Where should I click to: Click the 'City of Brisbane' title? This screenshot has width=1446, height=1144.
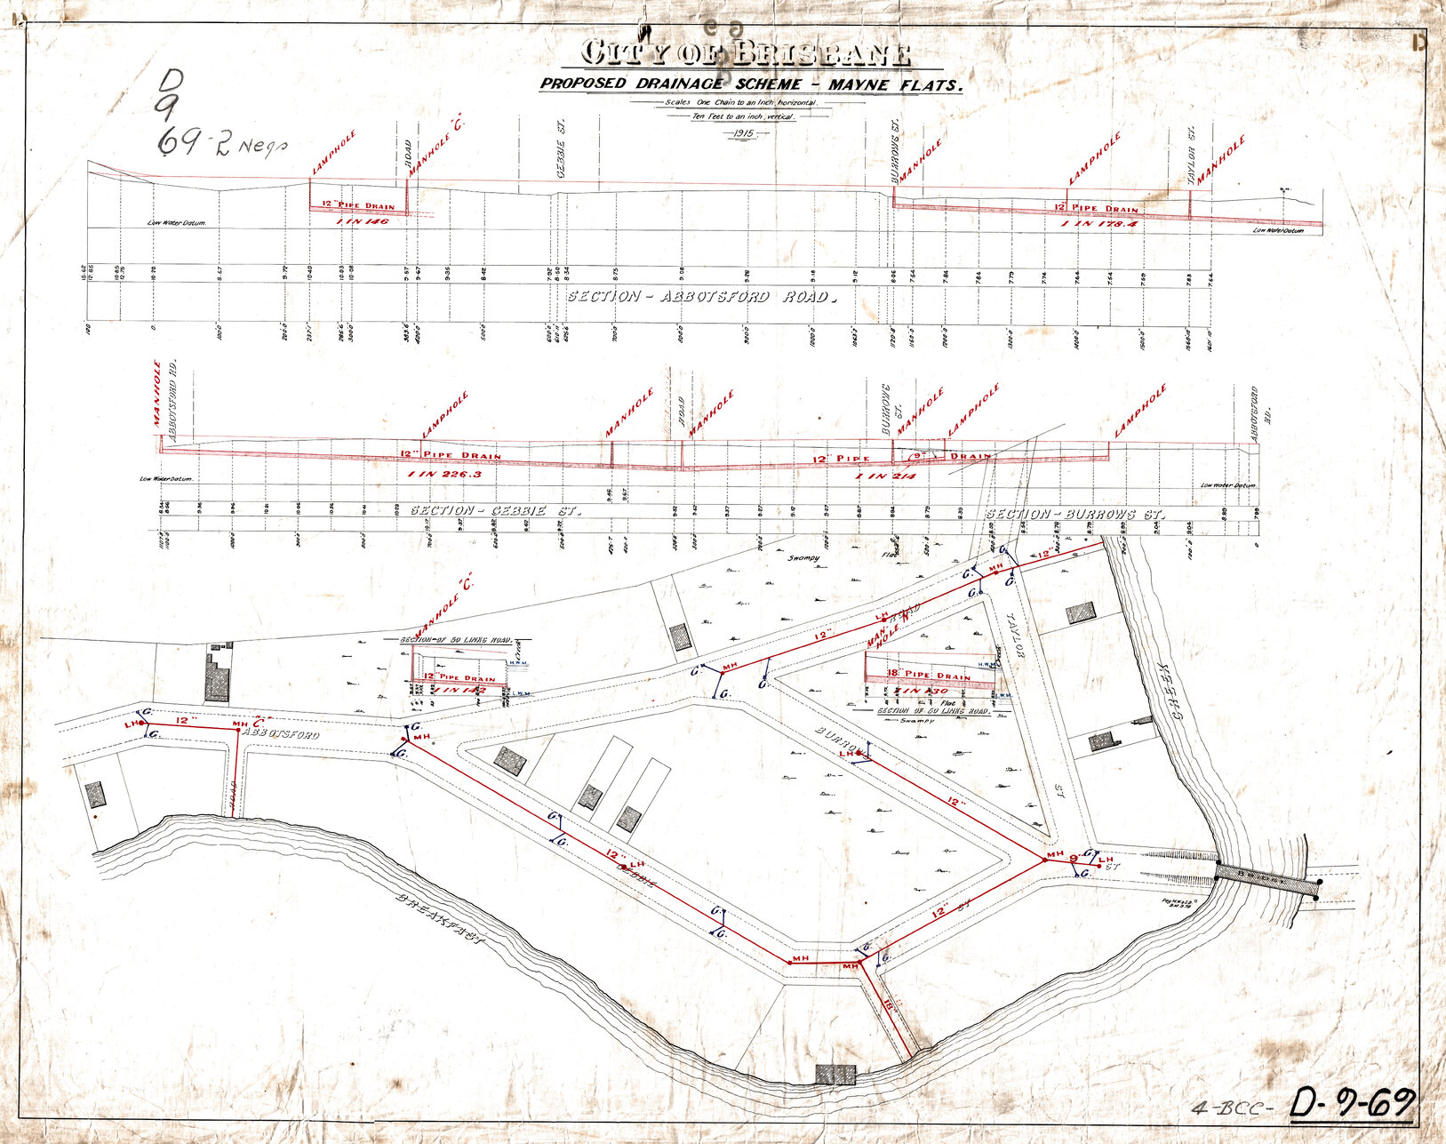click(x=746, y=54)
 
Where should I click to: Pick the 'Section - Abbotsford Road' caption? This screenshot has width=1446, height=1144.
click(x=702, y=297)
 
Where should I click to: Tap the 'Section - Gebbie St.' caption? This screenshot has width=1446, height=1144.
click(x=495, y=512)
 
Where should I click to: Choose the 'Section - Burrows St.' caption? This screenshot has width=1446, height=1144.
click(x=1075, y=515)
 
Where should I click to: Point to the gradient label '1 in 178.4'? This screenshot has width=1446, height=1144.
click(x=1100, y=224)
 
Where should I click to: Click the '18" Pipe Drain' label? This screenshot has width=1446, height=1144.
click(x=931, y=676)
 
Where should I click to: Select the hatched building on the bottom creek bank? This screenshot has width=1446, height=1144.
click(x=836, y=1074)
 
